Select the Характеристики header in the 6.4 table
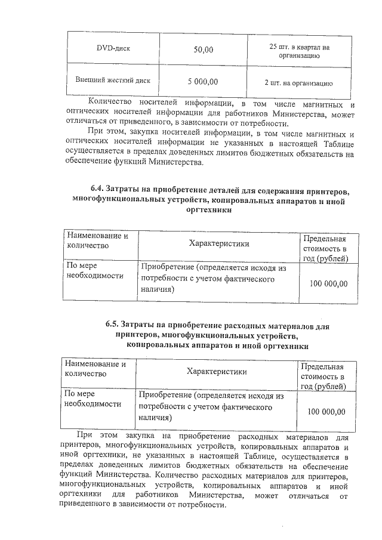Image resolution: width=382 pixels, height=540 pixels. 218,243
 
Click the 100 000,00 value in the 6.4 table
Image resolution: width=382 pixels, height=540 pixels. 328,283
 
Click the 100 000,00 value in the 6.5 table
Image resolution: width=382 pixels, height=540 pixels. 326,412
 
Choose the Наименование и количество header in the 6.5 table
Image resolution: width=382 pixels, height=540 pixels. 95,369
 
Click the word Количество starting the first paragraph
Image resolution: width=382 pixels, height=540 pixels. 109,100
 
